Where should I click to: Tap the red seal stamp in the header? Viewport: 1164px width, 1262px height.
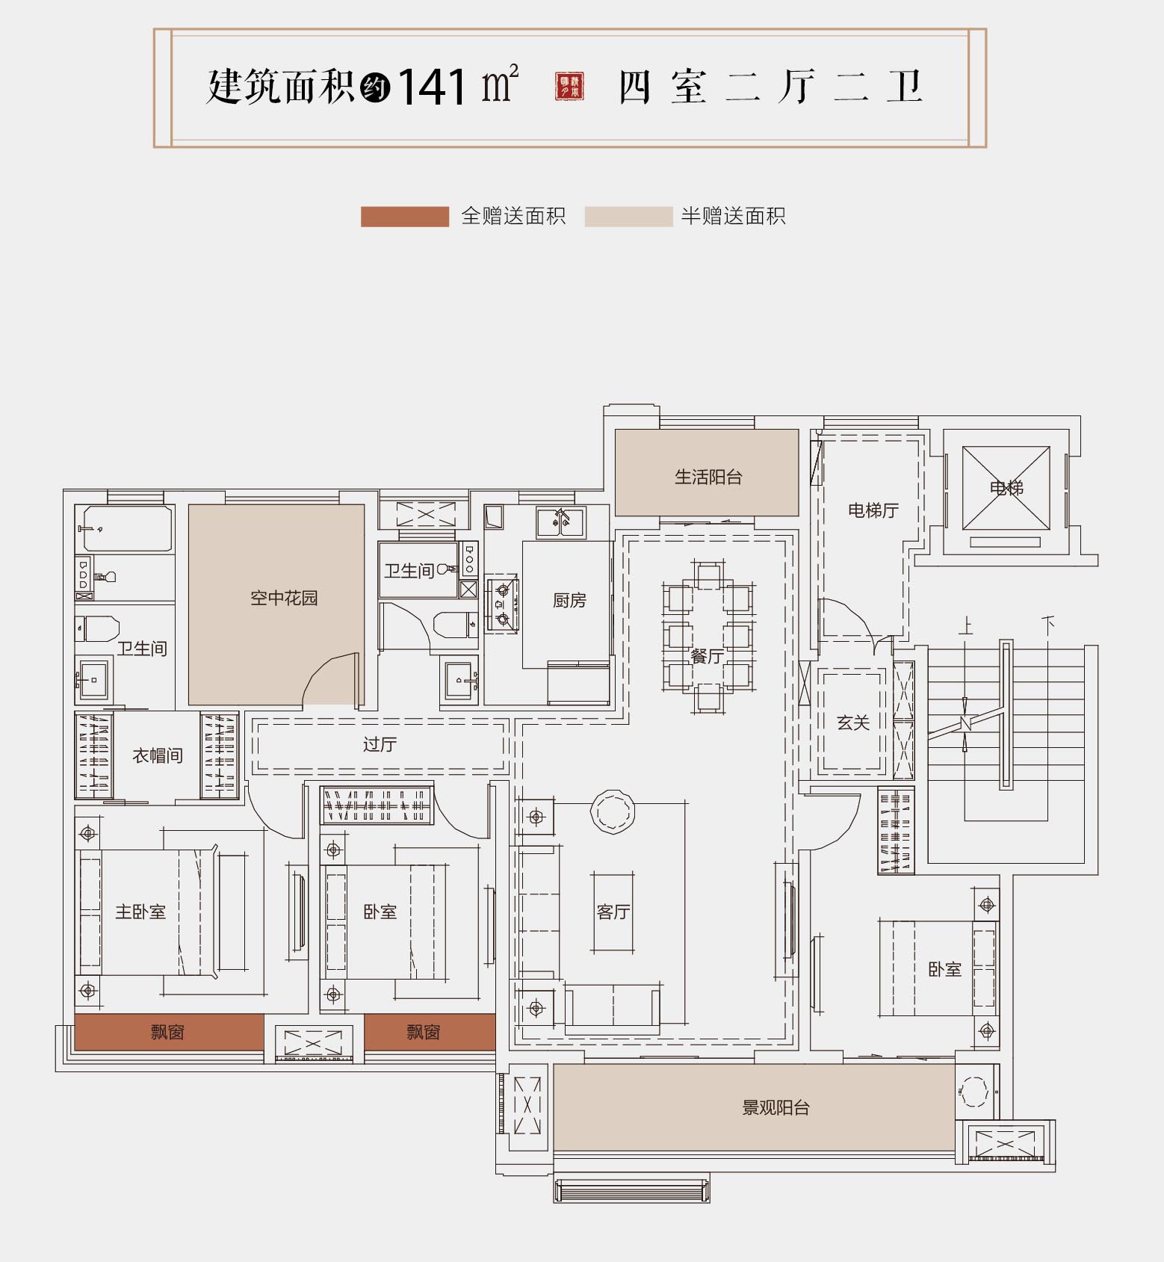click(569, 87)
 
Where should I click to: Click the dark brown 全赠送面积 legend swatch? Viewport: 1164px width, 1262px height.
click(404, 217)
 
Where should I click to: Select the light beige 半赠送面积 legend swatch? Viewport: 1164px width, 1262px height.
click(628, 217)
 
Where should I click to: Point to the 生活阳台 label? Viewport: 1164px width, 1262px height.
click(708, 477)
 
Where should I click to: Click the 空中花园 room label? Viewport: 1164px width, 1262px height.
click(284, 598)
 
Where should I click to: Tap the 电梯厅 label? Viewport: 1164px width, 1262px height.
click(873, 510)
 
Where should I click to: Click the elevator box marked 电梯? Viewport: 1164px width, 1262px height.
click(1006, 488)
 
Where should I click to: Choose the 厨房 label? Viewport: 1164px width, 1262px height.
click(569, 600)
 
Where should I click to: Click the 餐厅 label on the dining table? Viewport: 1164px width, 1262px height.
click(707, 656)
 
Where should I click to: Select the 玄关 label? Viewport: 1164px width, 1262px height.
click(853, 723)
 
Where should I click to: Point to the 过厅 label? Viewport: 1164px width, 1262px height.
click(380, 744)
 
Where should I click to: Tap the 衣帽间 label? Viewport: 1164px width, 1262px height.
click(158, 755)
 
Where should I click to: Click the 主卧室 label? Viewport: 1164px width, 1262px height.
click(140, 912)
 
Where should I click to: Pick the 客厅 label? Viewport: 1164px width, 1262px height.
click(613, 912)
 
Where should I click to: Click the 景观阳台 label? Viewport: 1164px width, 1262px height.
click(776, 1107)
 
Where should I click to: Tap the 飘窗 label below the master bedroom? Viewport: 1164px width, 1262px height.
click(167, 1032)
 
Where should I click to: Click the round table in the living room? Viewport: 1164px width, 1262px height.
click(613, 811)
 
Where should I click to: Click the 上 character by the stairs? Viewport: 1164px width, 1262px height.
click(966, 625)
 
